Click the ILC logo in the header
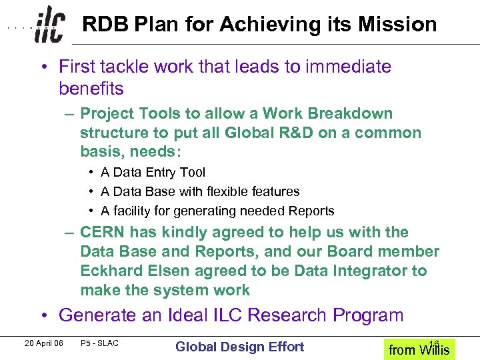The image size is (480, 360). coord(50,25)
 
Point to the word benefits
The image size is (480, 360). coord(91,88)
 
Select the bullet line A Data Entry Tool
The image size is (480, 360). coord(153,172)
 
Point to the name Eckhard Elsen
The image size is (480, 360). coord(132,271)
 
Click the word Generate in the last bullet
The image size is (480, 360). coord(98,315)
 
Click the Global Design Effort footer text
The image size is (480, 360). coord(239,347)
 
